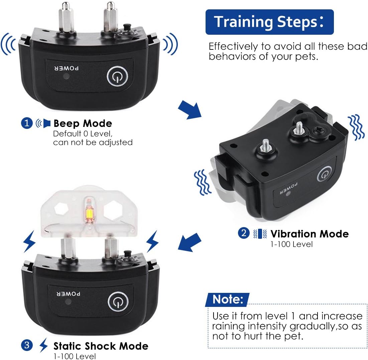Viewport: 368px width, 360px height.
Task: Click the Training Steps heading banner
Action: pos(269,22)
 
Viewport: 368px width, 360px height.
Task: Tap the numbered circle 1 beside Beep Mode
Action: pos(27,124)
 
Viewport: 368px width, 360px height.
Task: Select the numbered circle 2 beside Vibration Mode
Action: pos(243,233)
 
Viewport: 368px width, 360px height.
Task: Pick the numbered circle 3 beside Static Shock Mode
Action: pos(27,346)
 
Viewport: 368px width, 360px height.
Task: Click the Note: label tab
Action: pos(227,299)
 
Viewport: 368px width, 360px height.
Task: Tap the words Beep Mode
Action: pos(83,124)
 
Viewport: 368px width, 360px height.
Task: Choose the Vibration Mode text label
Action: pos(309,233)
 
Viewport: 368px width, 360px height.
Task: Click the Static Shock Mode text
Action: pos(101,346)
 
